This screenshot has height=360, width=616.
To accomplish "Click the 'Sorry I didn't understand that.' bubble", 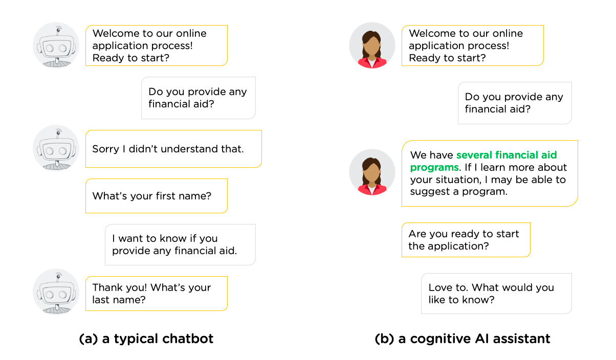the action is [x=173, y=149].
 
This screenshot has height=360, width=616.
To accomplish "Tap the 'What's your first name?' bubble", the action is [x=157, y=196].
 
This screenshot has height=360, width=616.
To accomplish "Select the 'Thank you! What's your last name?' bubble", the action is [x=157, y=294].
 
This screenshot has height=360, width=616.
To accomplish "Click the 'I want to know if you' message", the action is [x=165, y=238].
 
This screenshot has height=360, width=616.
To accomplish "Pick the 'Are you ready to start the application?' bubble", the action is [x=466, y=240].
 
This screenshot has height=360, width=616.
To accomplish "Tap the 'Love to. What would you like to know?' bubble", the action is [x=496, y=294].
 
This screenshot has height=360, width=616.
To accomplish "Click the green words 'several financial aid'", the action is [x=507, y=155].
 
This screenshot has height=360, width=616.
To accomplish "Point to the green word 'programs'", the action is [x=434, y=168].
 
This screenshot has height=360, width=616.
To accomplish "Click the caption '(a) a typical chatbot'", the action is [x=146, y=339].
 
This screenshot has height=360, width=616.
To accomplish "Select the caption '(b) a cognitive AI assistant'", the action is [x=463, y=339].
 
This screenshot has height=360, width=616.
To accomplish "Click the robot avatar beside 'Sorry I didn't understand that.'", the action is [x=56, y=148].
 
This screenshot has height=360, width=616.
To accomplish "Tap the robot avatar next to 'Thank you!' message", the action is [x=56, y=292].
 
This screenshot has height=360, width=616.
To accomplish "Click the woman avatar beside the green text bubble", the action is [x=372, y=172].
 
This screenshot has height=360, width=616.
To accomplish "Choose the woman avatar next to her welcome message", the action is [x=372, y=46].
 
